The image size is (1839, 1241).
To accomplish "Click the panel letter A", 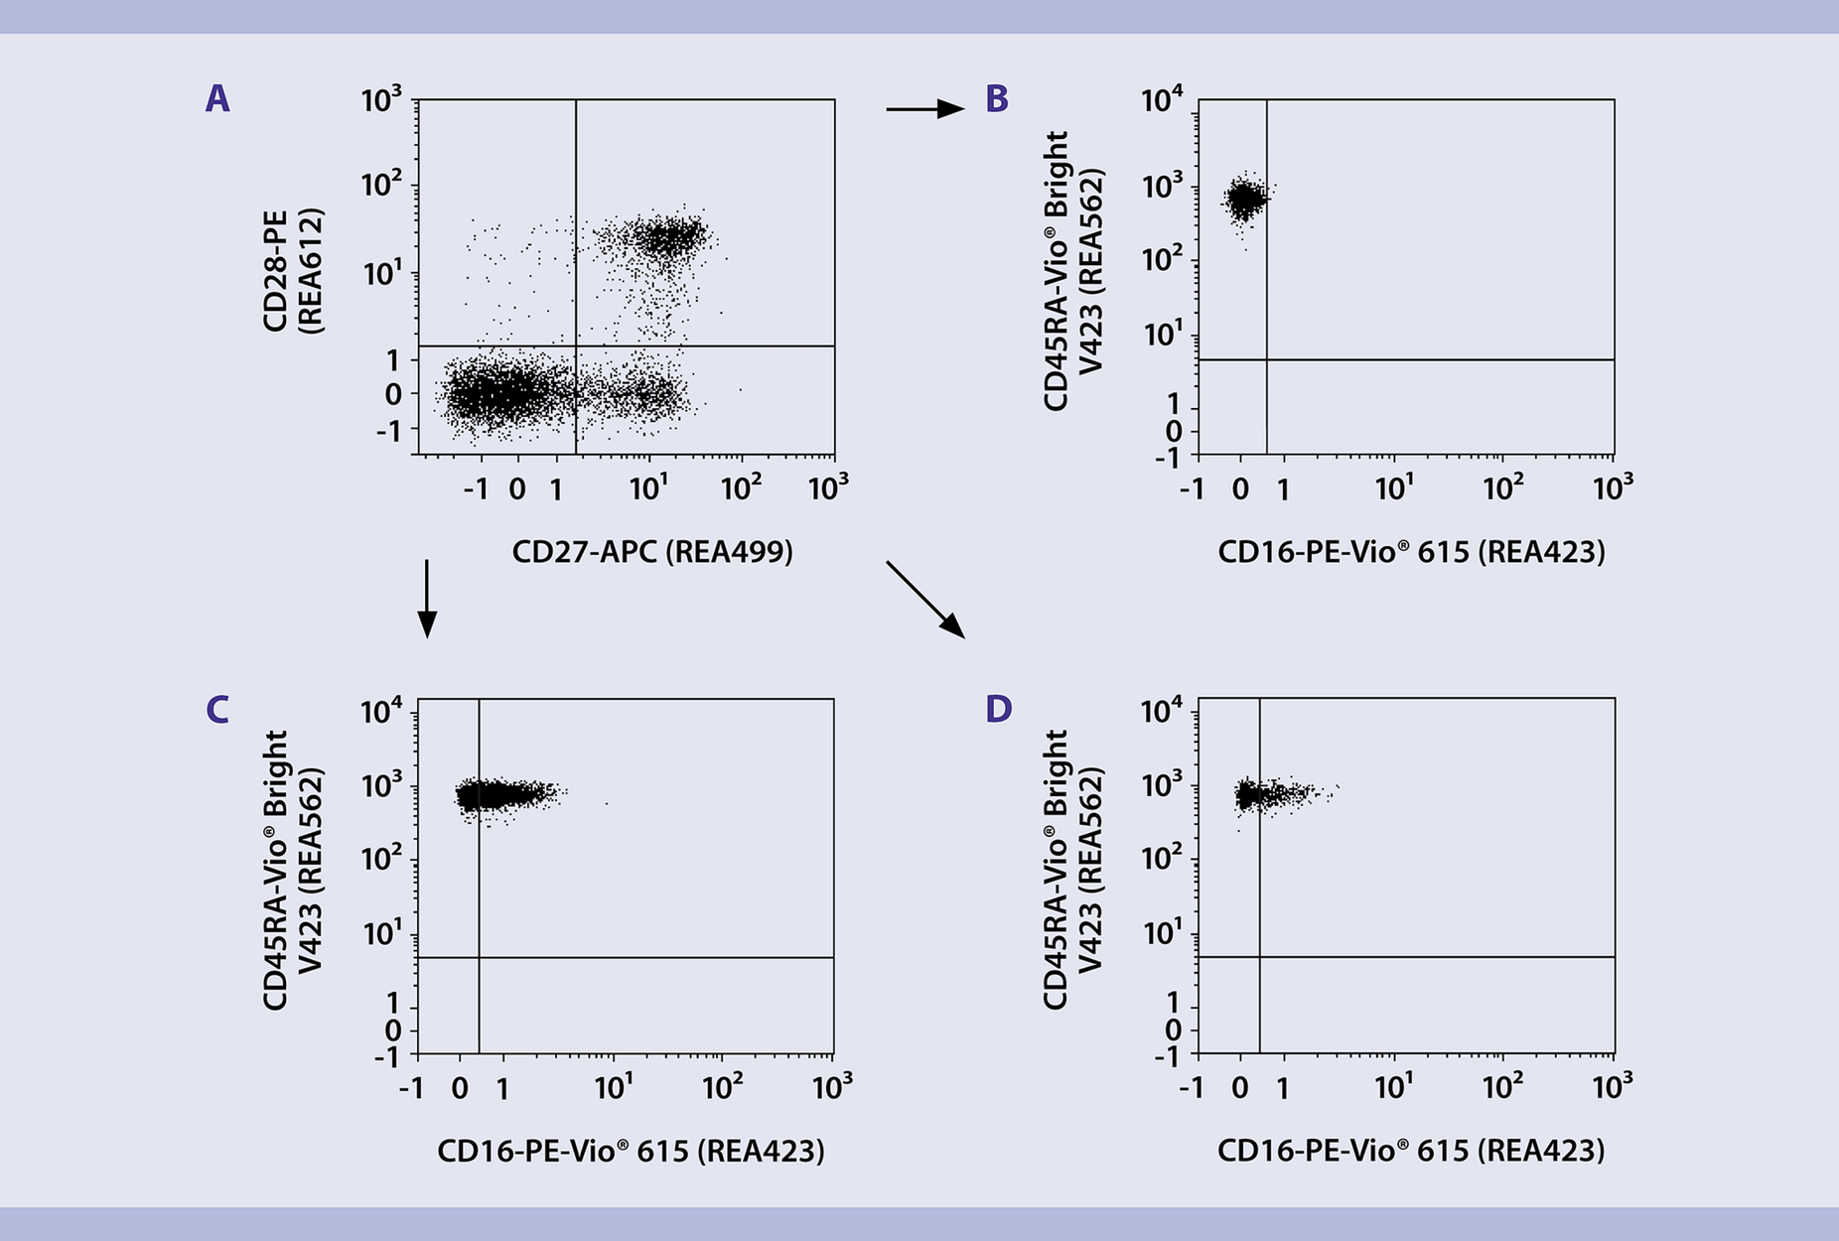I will (217, 99).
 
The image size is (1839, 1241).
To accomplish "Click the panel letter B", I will (997, 99).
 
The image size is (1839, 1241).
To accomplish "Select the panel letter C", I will (217, 710).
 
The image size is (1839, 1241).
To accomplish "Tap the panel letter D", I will (998, 710).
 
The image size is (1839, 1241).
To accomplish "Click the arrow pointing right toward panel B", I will (924, 109).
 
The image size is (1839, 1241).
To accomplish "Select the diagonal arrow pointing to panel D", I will (924, 599).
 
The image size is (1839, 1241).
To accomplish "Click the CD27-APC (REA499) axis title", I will (652, 552).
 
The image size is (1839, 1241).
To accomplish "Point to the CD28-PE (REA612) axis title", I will (292, 270).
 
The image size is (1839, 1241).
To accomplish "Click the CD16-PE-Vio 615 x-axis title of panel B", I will (1411, 552).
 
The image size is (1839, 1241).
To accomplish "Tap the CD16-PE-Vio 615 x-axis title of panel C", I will (631, 1151).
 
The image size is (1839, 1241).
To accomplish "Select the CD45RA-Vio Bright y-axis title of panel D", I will (1072, 870).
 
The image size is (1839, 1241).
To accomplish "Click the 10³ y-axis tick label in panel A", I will (381, 100).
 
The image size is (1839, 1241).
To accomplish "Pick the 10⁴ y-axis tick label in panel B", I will (1162, 100).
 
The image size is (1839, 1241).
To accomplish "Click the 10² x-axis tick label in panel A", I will (740, 488).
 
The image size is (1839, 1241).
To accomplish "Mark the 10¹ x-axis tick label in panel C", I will (614, 1088).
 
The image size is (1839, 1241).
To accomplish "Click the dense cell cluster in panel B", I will (1244, 200).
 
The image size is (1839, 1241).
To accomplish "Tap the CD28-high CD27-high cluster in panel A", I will (670, 236).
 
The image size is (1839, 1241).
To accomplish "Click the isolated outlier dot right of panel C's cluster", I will (606, 803).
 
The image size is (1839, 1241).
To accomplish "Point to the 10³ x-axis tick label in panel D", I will (1612, 1088).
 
